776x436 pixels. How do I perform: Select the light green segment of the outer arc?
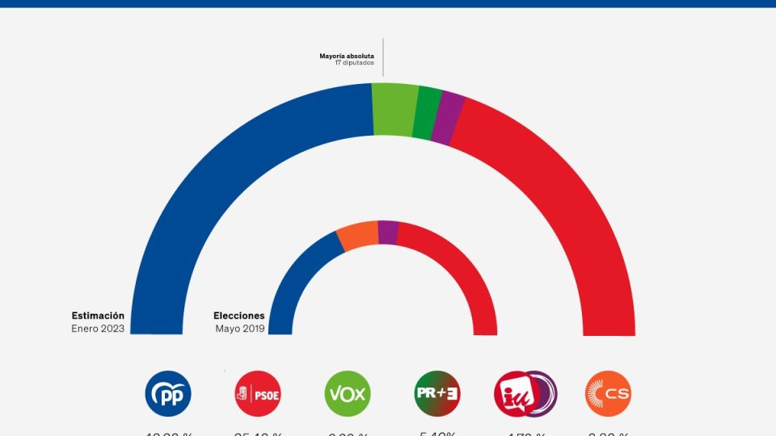coord(394,109)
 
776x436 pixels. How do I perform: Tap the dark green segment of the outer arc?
coord(427,113)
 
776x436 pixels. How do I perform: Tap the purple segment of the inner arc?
coord(388,233)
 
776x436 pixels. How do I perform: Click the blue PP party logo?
coord(168,394)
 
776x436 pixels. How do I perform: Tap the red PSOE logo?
coord(256,394)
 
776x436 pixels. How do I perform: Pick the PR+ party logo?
coord(437,394)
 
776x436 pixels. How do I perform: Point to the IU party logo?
coord(525,394)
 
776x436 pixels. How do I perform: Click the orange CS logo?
coord(608,394)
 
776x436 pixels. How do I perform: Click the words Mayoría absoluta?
coord(347,57)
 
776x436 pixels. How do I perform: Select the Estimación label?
coord(98,316)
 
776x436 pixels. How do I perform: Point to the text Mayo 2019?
coord(239,328)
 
